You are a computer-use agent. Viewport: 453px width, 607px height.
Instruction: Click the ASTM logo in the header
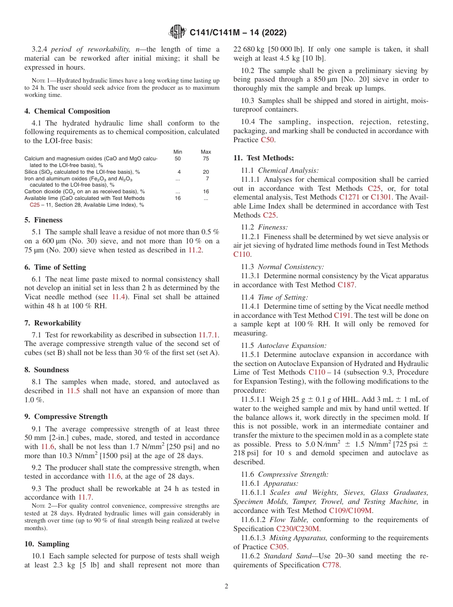pos(177,32)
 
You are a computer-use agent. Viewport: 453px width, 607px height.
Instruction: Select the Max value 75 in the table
pos(206,158)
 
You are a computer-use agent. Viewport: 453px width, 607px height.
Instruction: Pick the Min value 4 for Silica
pos(179,172)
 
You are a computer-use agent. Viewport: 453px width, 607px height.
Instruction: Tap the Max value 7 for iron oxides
pos(207,178)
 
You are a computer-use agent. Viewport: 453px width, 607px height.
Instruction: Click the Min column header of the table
pos(177,152)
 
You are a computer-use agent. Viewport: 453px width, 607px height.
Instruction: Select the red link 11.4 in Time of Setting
pos(118,296)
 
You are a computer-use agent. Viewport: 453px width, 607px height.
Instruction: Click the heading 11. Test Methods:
pos(263,158)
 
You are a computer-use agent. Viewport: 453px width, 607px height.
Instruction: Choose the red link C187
pos(346,285)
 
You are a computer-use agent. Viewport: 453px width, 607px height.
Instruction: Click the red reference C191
pos(342,315)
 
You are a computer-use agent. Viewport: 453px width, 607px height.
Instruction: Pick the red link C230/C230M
pos(298,529)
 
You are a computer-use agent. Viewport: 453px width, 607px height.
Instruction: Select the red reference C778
pos(331,565)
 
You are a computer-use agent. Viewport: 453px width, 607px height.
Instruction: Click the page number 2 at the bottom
pos(226,586)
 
